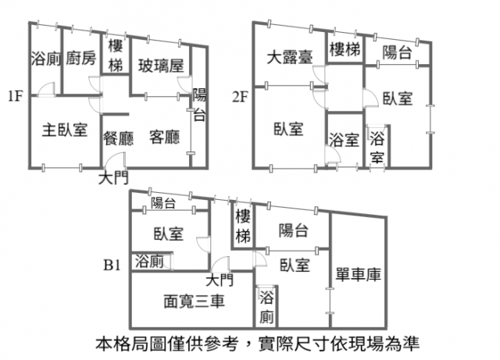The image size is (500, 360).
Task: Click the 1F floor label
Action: click(x=16, y=96)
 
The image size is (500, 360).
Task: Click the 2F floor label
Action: click(x=240, y=97)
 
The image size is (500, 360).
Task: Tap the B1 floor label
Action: click(x=112, y=265)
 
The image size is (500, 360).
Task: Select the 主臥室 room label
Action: click(x=65, y=130)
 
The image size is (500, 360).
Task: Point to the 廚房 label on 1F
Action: click(x=81, y=58)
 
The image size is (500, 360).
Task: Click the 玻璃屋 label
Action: click(x=161, y=66)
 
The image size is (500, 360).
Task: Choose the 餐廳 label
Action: click(x=118, y=138)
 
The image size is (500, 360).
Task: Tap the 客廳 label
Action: click(x=165, y=137)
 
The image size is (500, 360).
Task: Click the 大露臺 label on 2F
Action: click(x=290, y=57)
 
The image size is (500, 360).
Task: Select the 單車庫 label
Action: click(x=359, y=275)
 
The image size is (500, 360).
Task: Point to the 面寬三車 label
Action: click(x=195, y=301)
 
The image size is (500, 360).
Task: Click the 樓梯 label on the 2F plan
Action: click(x=345, y=49)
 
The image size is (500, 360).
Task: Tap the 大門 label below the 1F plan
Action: click(x=113, y=178)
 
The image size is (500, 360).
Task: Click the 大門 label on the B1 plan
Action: click(x=220, y=280)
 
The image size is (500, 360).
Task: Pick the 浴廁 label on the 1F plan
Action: click(x=45, y=59)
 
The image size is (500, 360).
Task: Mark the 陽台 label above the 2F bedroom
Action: click(x=398, y=52)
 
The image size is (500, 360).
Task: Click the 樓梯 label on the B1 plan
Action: click(x=243, y=226)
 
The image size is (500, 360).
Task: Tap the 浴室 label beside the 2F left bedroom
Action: click(x=344, y=140)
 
